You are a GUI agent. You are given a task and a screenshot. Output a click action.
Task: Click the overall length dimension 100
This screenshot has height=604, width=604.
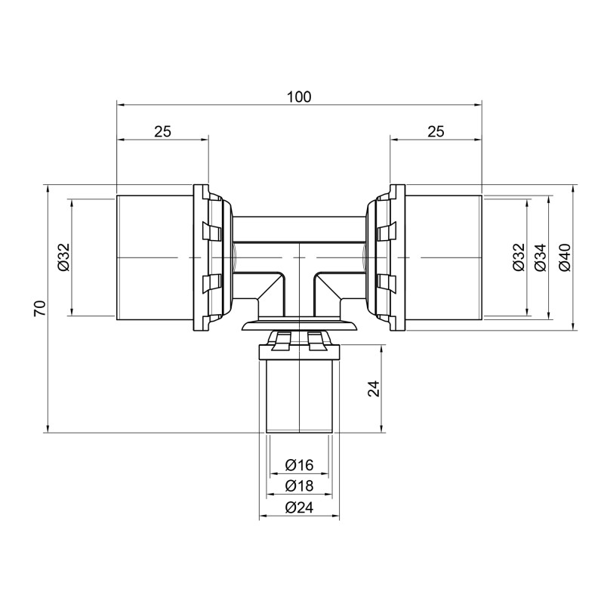300,97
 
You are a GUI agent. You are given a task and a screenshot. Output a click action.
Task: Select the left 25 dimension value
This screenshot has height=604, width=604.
162,131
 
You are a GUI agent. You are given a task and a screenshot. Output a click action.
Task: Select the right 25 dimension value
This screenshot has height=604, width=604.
435,131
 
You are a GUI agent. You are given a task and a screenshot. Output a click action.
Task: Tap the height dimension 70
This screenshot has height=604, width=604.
41,307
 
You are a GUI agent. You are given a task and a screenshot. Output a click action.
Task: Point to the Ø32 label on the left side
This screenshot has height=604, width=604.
63,257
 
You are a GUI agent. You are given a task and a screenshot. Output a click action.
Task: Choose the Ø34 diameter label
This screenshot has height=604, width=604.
541,257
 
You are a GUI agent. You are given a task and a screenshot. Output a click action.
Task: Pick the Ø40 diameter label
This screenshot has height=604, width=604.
564,257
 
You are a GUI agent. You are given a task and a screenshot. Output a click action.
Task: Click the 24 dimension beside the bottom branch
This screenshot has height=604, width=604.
374,388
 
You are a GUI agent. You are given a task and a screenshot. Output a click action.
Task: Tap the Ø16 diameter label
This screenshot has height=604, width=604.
300,465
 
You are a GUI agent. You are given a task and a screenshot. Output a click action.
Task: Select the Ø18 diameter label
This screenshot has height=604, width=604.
300,486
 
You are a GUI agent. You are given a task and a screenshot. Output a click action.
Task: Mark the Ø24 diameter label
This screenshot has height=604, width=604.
300,508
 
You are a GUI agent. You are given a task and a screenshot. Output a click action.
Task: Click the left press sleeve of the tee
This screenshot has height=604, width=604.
155,257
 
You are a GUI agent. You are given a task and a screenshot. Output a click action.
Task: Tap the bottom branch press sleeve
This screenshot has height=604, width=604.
300,396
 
